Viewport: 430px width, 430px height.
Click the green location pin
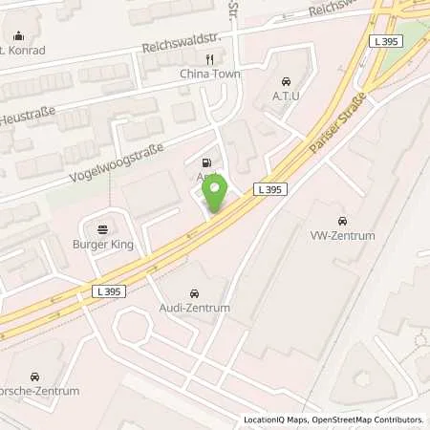(x=216, y=195)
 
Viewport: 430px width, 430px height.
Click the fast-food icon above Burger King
(x=102, y=229)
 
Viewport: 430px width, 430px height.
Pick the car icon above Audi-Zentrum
(x=194, y=292)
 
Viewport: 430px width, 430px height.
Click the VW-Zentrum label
(x=342, y=235)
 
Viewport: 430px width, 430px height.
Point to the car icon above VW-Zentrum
(x=342, y=221)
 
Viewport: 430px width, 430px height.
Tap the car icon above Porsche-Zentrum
(x=35, y=376)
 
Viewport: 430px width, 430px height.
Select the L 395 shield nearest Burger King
(x=110, y=290)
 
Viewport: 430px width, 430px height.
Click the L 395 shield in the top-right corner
(x=386, y=42)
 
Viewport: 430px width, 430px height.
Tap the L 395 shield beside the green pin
(x=269, y=191)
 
